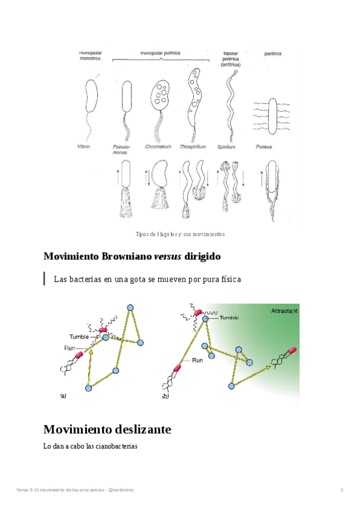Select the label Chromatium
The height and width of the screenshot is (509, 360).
[x=158, y=146]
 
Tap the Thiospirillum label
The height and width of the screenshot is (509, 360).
[x=193, y=146]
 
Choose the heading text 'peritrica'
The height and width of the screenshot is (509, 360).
[x=272, y=53]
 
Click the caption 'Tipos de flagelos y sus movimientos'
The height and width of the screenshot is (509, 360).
[x=180, y=233]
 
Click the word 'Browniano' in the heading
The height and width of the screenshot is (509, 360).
[x=121, y=256]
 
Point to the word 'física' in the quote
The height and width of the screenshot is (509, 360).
[x=229, y=279]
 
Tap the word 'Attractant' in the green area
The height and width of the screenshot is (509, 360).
[x=284, y=311]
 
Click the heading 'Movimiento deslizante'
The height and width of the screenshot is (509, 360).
[x=107, y=429]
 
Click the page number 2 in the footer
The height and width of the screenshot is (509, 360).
[x=341, y=490]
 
